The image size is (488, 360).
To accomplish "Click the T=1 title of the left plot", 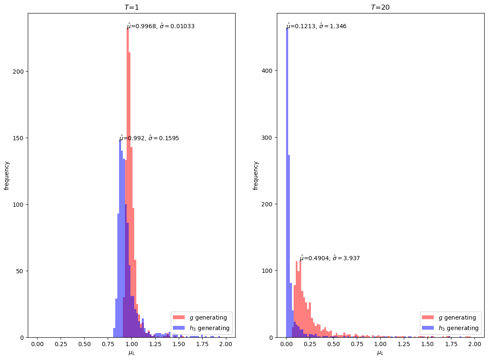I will coord(131,7).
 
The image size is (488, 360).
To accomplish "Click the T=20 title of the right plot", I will coord(380,7).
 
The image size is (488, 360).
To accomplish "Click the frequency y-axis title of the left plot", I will coord(6,175).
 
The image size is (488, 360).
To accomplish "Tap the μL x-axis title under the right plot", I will coord(380,353).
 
